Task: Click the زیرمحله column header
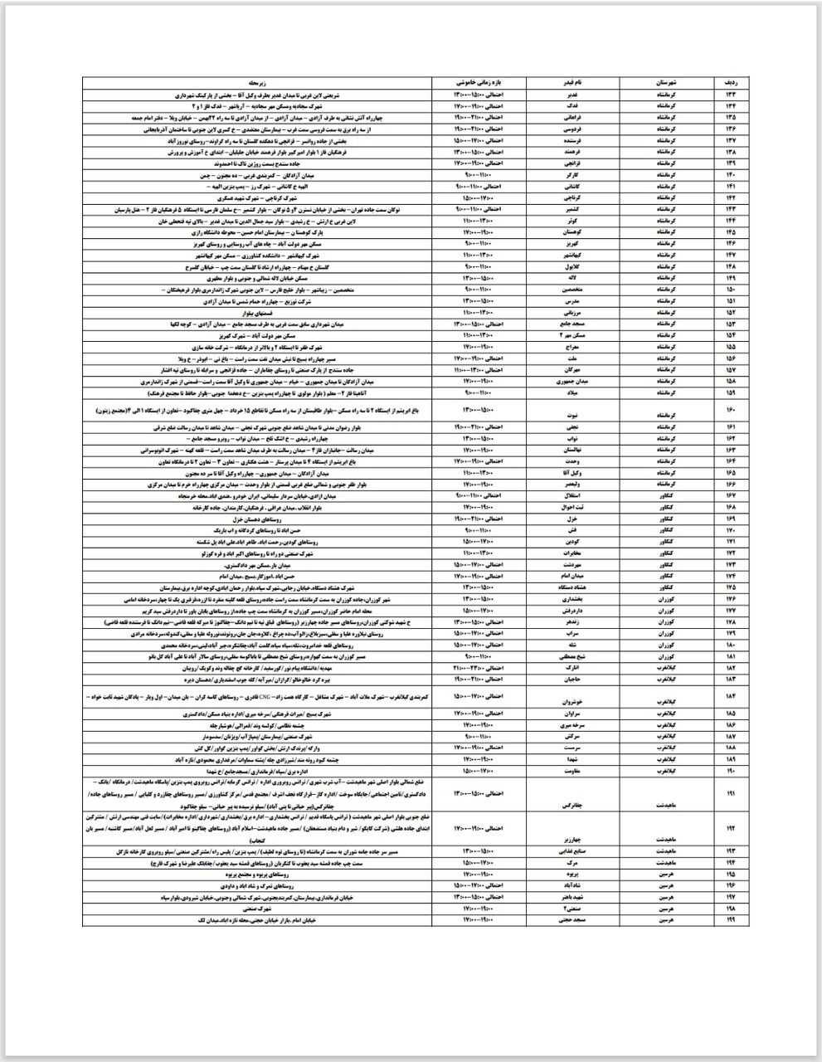click(257, 84)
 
